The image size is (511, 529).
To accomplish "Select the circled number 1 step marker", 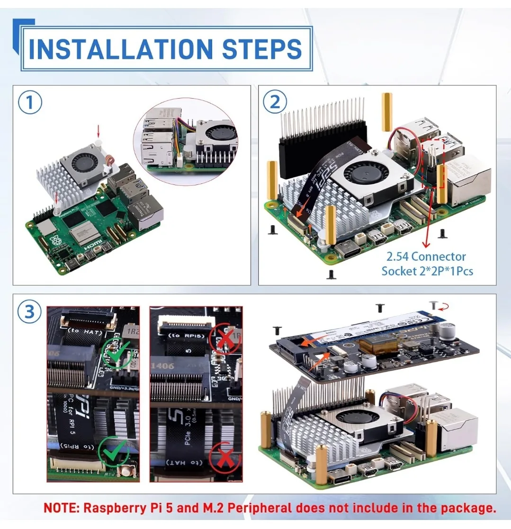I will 30,103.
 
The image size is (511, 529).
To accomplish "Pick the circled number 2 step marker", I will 275,103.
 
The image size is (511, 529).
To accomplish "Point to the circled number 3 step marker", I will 30,311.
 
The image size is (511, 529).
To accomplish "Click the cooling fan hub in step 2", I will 360,174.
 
